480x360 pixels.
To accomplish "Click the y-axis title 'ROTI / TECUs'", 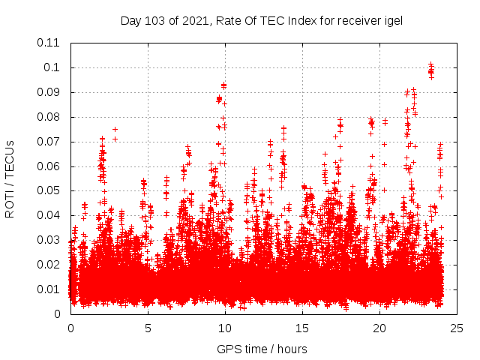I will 10,178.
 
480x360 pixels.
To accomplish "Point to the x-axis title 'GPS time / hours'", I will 262,349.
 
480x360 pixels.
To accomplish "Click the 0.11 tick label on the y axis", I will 50,43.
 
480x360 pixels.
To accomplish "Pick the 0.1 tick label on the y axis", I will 54,67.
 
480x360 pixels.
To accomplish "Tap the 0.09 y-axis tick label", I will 50,92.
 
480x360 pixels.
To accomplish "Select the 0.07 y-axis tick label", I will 50,141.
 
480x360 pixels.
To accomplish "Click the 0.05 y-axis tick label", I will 50,190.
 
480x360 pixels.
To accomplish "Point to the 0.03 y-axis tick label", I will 50,240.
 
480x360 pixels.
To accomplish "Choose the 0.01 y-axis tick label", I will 50,289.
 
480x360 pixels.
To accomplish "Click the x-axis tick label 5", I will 148,328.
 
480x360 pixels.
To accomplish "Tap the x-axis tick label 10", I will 225,328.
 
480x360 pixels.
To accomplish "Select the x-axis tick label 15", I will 302,328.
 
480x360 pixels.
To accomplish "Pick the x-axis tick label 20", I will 379,328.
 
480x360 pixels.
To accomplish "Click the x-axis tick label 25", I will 457,328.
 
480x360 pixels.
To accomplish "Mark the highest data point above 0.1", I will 430,64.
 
